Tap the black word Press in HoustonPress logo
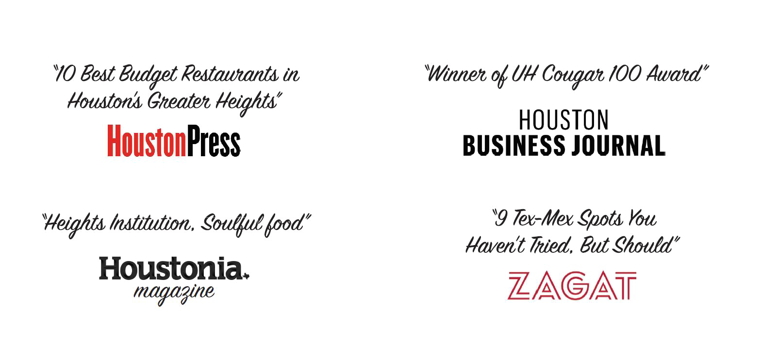coord(214,141)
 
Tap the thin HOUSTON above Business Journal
coord(563,120)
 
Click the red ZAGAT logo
coord(572,286)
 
